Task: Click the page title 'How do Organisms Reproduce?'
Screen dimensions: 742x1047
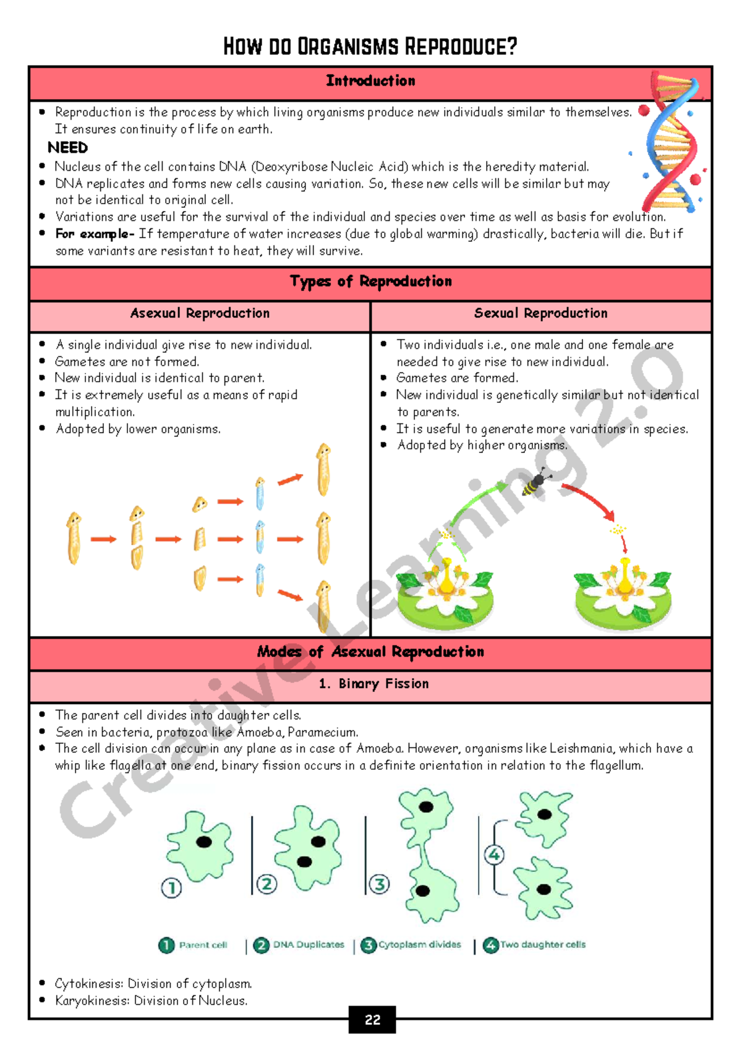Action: point(370,46)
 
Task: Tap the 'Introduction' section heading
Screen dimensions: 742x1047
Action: point(370,81)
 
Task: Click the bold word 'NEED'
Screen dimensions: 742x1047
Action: point(68,148)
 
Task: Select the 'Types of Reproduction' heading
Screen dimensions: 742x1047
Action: point(371,282)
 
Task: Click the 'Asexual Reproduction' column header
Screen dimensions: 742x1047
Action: point(200,313)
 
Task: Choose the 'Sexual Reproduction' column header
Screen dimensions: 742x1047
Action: point(541,313)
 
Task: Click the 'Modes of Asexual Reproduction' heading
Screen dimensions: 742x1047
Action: point(370,652)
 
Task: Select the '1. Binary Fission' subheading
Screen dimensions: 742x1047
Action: point(373,684)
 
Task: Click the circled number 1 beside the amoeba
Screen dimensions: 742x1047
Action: point(171,888)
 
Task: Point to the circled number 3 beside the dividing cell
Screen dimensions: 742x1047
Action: point(379,884)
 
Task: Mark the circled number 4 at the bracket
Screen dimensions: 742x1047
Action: point(494,855)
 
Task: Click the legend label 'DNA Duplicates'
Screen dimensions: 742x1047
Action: point(309,945)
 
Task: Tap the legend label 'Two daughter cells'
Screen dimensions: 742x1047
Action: point(543,945)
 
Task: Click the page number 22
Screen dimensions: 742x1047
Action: point(372,1020)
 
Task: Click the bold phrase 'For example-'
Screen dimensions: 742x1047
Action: point(95,234)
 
